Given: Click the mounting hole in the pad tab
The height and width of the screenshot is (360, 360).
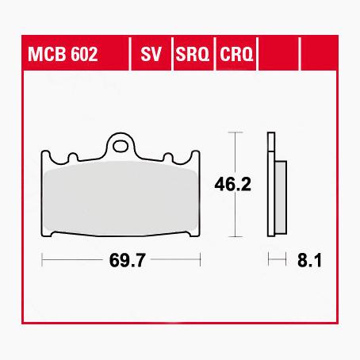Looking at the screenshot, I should click(x=121, y=145).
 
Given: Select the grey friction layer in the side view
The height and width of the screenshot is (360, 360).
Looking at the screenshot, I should click(x=280, y=198).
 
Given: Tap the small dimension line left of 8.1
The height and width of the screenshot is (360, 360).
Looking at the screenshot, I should click(x=276, y=259).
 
